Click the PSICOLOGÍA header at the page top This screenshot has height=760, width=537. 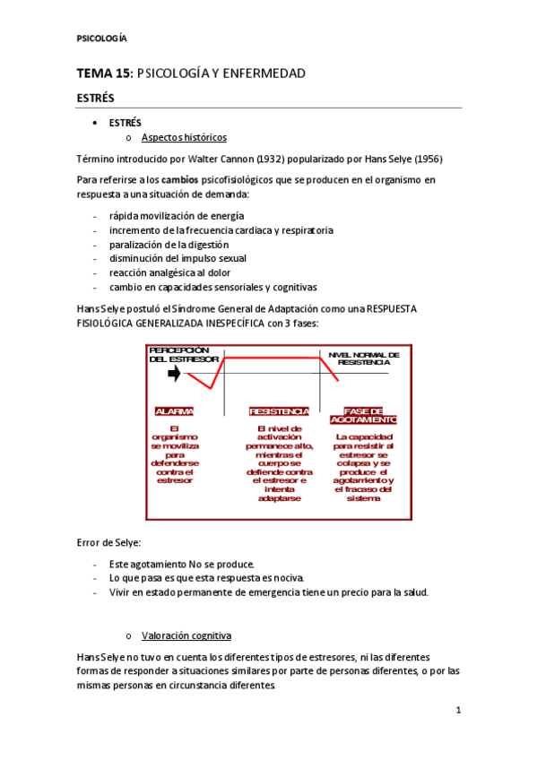pyautogui.click(x=102, y=38)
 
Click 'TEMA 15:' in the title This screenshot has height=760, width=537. pyautogui.click(x=105, y=73)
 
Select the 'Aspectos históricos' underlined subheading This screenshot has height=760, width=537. pyautogui.click(x=184, y=137)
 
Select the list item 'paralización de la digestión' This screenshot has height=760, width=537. pyautogui.click(x=169, y=245)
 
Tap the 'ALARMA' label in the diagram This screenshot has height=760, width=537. pyautogui.click(x=174, y=411)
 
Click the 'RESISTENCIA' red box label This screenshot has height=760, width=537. pyautogui.click(x=279, y=411)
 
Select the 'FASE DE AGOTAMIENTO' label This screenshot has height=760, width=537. pyautogui.click(x=363, y=415)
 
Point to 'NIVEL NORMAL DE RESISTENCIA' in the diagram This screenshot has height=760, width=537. pyautogui.click(x=364, y=358)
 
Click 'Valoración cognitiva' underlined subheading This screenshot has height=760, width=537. pyautogui.click(x=186, y=635)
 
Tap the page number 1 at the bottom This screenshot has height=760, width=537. pyautogui.click(x=457, y=711)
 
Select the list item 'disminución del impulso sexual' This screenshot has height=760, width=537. pyautogui.click(x=178, y=259)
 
